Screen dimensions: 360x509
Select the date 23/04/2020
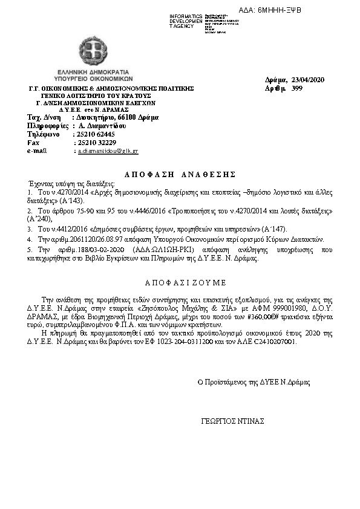click(308, 80)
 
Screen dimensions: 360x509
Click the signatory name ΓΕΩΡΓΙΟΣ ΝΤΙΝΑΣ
click(232, 421)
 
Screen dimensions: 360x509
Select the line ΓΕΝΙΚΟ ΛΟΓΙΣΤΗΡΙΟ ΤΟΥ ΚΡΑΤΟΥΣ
click(96, 96)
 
